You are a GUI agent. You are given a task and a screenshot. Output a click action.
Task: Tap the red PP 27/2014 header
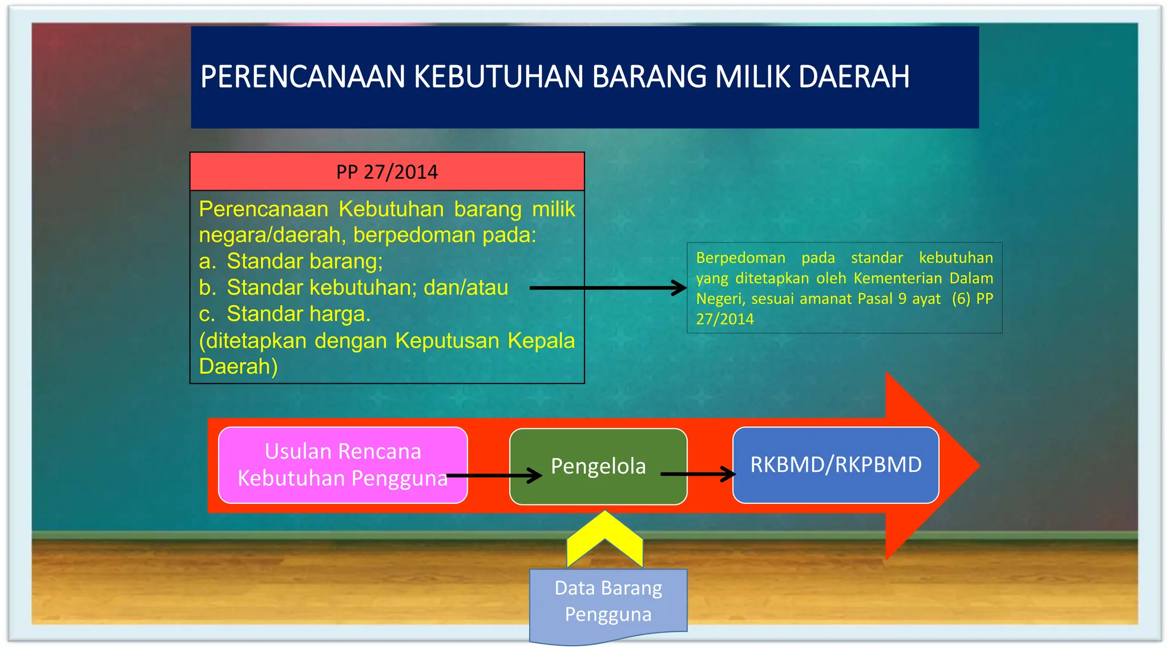[387, 171]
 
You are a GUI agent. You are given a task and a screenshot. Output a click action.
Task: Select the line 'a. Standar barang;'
[291, 261]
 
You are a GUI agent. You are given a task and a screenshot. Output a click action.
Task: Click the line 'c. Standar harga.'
[285, 314]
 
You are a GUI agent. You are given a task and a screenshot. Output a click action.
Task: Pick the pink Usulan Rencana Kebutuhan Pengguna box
[342, 465]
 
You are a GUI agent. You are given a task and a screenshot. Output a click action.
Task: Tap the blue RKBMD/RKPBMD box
[836, 465]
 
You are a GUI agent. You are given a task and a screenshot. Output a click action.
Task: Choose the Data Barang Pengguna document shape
[608, 602]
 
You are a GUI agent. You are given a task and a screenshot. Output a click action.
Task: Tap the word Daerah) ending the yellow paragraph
[238, 366]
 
